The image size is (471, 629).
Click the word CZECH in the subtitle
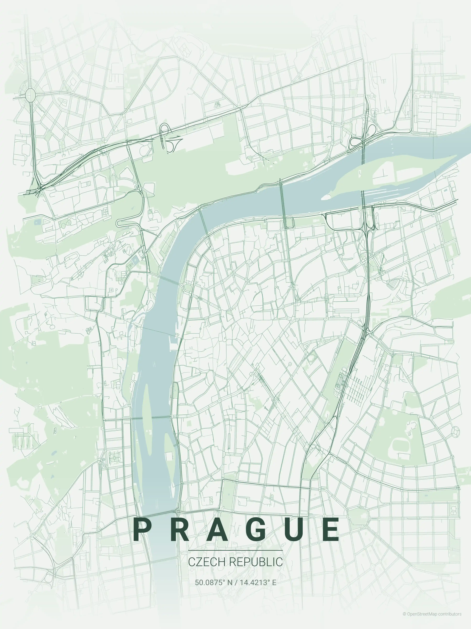pos(207,562)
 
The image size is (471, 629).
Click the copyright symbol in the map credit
pos(404,612)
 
